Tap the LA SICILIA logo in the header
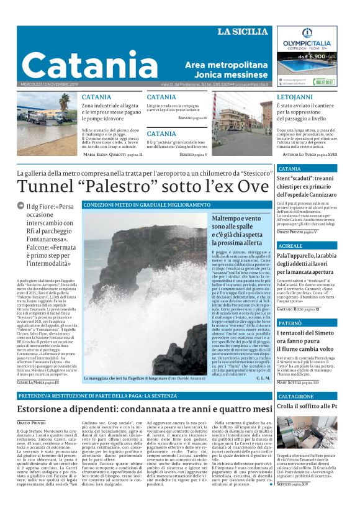tap(243, 32)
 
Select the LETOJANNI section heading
tap(295, 97)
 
